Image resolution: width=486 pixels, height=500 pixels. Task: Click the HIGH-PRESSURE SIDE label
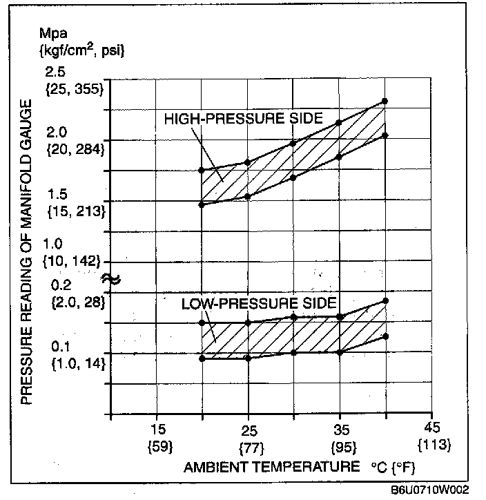tap(243, 118)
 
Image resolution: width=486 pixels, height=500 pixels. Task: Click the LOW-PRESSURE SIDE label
tap(259, 303)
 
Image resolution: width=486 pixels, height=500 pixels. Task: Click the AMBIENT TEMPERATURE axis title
tap(271, 468)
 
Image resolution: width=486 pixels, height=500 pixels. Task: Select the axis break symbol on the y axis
tap(110, 278)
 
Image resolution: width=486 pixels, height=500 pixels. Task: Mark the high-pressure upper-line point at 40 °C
tap(385, 102)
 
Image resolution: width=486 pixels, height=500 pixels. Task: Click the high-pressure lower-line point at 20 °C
tap(202, 204)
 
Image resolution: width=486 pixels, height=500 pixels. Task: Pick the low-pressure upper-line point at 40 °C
tap(385, 300)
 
